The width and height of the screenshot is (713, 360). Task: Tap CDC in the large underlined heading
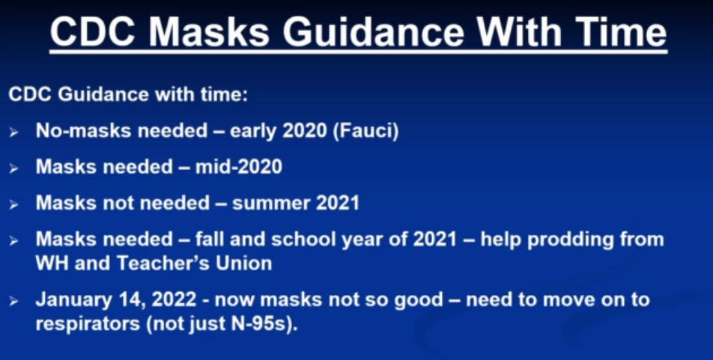pos(94,32)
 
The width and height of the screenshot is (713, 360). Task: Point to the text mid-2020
pos(239,167)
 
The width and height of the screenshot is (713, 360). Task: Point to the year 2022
pos(174,300)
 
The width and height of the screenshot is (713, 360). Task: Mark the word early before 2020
pos(253,132)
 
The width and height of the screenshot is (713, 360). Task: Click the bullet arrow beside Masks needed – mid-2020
pos(13,168)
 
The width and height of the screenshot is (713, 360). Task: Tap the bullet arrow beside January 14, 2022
pos(13,302)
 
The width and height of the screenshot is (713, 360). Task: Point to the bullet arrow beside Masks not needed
pos(13,205)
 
